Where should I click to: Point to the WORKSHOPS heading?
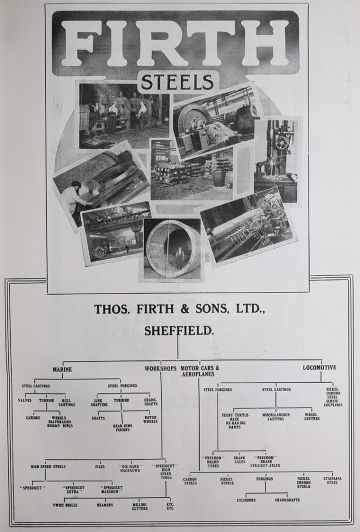pos(159,368)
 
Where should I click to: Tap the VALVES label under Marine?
pos(24,400)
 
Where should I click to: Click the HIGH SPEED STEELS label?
pos(47,466)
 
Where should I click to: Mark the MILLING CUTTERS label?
pos(139,507)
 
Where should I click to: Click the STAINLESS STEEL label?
pos(332,482)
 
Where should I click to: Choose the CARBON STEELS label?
pos(190,482)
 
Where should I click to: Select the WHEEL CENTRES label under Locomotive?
pos(311,416)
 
